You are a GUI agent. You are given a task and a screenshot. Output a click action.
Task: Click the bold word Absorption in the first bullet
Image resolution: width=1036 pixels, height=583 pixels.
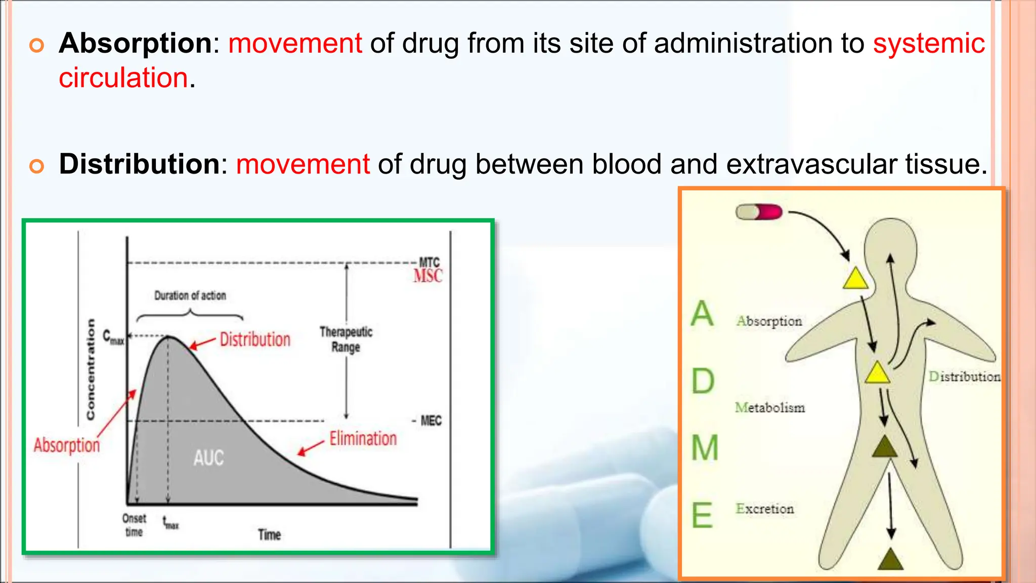click(135, 44)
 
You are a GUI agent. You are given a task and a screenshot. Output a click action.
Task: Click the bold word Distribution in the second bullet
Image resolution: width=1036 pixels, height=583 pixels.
click(139, 164)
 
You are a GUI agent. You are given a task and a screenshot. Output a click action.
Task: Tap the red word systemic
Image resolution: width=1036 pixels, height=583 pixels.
click(929, 44)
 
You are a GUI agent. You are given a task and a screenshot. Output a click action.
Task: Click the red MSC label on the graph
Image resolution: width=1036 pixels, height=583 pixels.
click(427, 276)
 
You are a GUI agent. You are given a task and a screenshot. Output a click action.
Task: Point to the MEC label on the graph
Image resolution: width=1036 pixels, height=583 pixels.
click(430, 421)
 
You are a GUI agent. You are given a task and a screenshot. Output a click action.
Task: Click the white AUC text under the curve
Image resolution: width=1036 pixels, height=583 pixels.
click(208, 458)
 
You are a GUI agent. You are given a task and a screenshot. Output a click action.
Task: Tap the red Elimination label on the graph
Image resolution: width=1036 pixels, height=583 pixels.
click(363, 439)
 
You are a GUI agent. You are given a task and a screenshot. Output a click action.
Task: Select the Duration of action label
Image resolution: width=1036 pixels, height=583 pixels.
click(190, 296)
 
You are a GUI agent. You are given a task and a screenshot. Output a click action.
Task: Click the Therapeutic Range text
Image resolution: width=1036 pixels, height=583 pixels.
click(346, 340)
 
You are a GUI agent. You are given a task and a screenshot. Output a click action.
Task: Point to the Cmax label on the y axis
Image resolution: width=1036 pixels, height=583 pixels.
click(113, 337)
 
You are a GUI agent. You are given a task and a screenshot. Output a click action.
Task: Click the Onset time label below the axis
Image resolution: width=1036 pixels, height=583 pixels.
click(134, 525)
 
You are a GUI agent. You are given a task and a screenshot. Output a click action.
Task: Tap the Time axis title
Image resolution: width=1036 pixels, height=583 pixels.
click(269, 535)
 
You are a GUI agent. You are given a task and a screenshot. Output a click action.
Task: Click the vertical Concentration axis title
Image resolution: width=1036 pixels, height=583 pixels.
click(91, 369)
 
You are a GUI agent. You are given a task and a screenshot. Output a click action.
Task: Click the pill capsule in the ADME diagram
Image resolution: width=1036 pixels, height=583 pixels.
click(759, 212)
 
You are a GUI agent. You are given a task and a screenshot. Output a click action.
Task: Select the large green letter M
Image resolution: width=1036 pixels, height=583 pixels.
click(705, 448)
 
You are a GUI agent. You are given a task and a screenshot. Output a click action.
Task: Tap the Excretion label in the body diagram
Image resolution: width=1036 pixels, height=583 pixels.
click(764, 509)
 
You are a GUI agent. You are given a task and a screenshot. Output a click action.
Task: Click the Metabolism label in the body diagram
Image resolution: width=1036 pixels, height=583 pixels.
click(769, 407)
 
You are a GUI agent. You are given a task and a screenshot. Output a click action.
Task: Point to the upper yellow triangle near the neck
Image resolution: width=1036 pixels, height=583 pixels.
click(855, 279)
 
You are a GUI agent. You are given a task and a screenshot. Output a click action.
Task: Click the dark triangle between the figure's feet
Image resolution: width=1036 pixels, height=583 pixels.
click(890, 560)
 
